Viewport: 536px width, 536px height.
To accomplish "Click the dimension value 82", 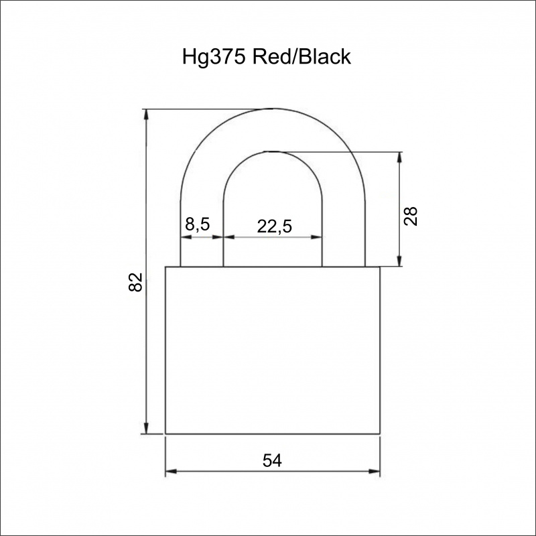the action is pyautogui.click(x=135, y=282).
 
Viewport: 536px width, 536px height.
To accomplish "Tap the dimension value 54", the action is pyautogui.click(x=272, y=460).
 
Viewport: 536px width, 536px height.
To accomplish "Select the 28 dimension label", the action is pyautogui.click(x=411, y=216).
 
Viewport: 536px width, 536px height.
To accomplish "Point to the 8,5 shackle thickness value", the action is pyautogui.click(x=197, y=224).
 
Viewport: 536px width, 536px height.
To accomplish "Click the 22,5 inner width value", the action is pyautogui.click(x=275, y=226).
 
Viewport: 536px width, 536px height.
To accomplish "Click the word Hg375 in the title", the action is pyautogui.click(x=214, y=57).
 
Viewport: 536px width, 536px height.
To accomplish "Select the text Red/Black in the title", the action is pyautogui.click(x=301, y=56).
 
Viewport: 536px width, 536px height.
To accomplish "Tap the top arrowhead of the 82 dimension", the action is pyautogui.click(x=146, y=115).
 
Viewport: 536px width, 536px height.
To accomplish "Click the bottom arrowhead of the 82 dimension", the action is pyautogui.click(x=146, y=428).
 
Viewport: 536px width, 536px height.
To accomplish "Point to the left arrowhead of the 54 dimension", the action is pyautogui.click(x=172, y=472).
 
